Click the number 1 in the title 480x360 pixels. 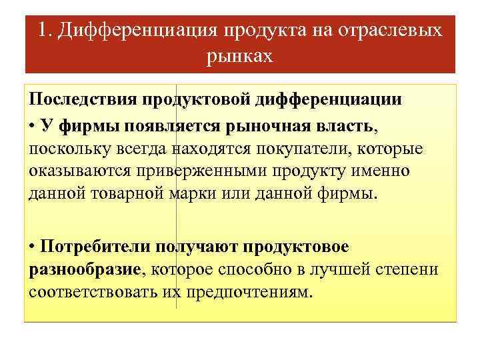pos(43,31)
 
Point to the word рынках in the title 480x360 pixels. pos(240,56)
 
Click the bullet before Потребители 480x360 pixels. pos(33,246)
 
